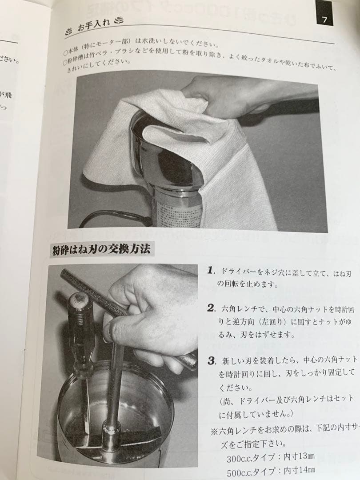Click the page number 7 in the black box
324,20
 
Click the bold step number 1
212,270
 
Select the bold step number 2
212,308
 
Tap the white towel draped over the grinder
231,178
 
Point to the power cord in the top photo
111,218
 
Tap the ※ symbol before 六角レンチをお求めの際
213,431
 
